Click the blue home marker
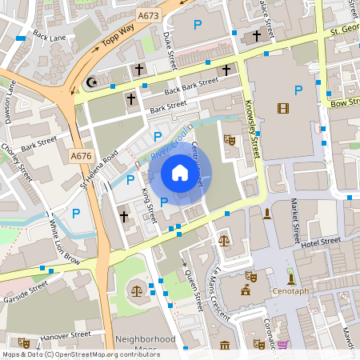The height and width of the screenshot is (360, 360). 180,173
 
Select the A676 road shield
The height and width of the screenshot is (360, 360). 80,155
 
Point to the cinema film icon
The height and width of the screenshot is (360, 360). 282,108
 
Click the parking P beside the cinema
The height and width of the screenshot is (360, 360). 298,90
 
